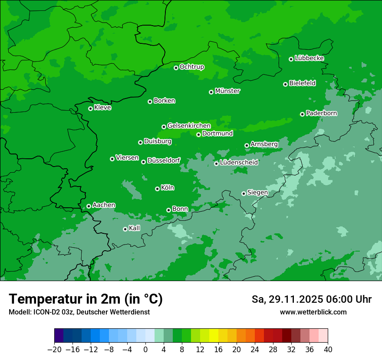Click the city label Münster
coord(227,91)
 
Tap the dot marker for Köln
coord(157,189)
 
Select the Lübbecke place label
coord(309,58)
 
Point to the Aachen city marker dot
coord(89,206)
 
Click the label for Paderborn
coord(321,113)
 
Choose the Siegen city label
coord(257,193)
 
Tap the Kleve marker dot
coord(90,108)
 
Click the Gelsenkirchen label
coord(189,126)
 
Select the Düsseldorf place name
coord(164,160)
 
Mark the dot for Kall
coord(125,229)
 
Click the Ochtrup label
coord(191,67)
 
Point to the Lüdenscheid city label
coord(239,163)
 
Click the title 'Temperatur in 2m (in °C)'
coord(86,299)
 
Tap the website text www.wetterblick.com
coord(313,312)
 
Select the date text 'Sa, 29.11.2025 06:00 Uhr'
coord(311,299)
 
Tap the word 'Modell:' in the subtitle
coord(20,312)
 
